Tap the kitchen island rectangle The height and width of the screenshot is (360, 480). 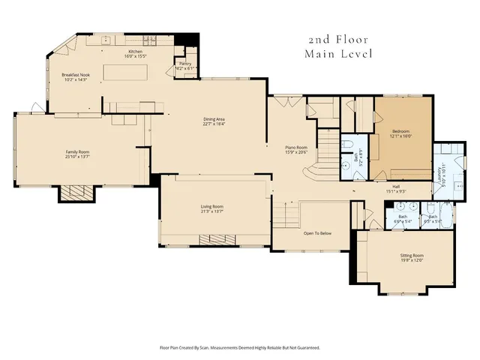[127, 72]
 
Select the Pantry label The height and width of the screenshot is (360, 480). [184, 64]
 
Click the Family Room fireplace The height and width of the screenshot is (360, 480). [78, 193]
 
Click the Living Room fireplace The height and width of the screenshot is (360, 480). [217, 240]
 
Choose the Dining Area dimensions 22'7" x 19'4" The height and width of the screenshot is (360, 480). [214, 124]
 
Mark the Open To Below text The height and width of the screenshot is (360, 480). [317, 233]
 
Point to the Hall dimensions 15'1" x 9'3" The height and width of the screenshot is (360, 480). [394, 190]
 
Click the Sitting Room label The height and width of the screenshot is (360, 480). [412, 256]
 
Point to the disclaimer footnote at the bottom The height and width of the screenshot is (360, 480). [240, 347]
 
